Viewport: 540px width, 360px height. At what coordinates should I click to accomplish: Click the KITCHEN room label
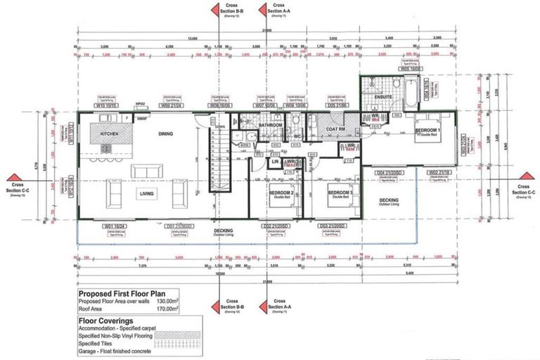click(x=111, y=133)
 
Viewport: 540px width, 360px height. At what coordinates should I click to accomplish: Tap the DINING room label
click(x=165, y=133)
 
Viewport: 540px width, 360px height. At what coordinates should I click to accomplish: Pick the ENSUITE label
click(x=384, y=97)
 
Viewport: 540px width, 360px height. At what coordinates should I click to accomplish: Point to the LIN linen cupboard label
click(x=277, y=162)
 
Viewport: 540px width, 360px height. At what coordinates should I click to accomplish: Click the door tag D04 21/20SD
click(x=388, y=172)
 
